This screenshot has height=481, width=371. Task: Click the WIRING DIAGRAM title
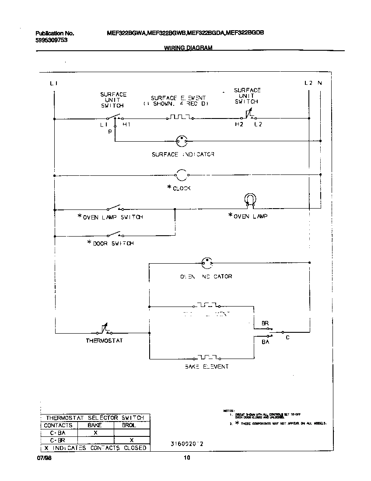[188, 48]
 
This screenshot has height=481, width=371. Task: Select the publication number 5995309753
[51, 40]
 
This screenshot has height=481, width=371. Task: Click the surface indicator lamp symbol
[182, 141]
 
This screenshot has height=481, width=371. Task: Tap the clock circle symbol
[182, 175]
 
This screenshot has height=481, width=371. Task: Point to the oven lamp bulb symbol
[249, 199]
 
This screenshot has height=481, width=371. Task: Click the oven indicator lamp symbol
[206, 263]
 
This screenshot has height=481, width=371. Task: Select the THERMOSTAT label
[104, 341]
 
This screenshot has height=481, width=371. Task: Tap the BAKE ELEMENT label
[206, 366]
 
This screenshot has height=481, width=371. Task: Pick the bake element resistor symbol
[206, 357]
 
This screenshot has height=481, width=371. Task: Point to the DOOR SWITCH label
[113, 244]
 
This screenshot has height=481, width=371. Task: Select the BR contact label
[265, 323]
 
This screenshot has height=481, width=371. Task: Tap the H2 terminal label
[238, 125]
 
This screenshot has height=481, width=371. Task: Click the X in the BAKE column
[95, 432]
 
